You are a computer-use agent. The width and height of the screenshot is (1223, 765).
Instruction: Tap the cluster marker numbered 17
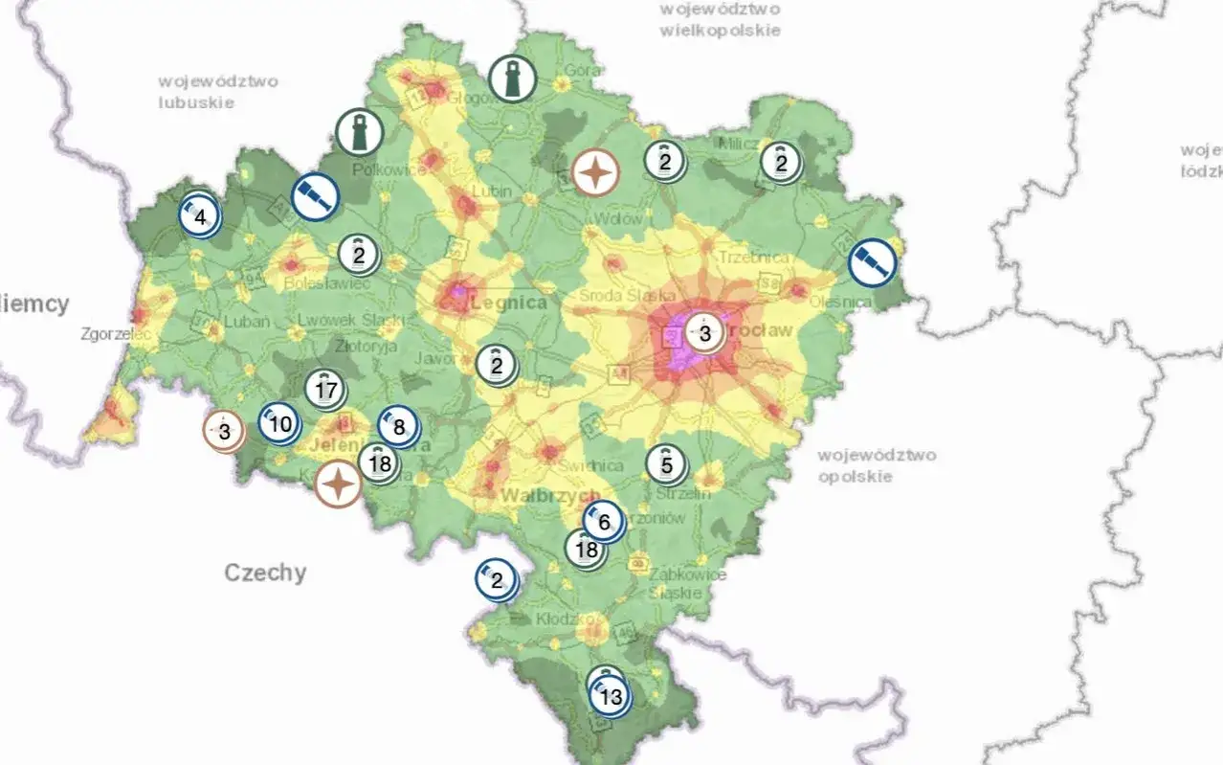[326, 390]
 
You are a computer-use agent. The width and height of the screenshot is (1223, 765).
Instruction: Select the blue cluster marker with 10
[280, 423]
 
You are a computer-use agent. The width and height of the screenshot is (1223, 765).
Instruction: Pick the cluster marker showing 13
[611, 696]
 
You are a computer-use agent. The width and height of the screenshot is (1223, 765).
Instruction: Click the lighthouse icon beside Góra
[512, 79]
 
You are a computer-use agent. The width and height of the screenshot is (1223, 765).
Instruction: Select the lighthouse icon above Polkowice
[360, 132]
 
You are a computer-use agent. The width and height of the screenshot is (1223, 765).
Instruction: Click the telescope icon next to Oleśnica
[872, 262]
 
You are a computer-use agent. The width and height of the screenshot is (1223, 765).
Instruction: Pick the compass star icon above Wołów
[595, 173]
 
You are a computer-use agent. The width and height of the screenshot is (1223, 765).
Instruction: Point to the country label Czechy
[265, 573]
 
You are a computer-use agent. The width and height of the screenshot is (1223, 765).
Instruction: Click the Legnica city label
[510, 303]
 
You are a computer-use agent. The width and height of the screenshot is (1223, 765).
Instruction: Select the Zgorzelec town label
[116, 335]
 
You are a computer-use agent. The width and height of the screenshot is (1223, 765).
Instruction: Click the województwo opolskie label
[877, 465]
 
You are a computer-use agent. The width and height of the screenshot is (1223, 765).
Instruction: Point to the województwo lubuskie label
[218, 91]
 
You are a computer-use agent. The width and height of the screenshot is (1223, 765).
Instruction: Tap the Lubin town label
[491, 191]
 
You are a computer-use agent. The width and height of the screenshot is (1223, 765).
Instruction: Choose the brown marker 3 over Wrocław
[705, 334]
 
